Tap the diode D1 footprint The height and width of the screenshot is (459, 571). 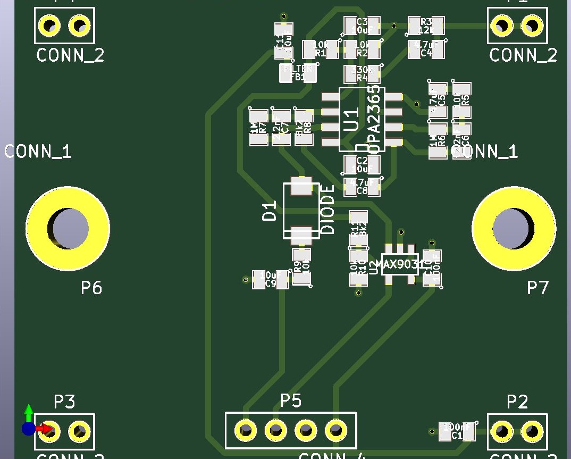(x=301, y=211)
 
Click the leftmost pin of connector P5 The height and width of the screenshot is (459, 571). (x=245, y=429)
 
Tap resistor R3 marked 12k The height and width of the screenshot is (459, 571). (x=426, y=24)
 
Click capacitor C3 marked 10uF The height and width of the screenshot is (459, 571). (x=362, y=25)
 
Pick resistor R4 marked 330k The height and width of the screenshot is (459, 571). (x=362, y=74)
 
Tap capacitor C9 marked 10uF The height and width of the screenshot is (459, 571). (x=271, y=279)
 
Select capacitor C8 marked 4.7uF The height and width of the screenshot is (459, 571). (x=362, y=186)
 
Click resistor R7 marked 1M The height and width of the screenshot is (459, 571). (x=258, y=128)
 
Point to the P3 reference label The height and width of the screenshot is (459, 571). (x=64, y=402)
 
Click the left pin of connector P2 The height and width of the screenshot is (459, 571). (x=501, y=429)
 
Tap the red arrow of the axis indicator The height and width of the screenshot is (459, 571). (x=47, y=428)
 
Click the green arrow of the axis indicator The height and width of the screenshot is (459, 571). (x=29, y=411)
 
